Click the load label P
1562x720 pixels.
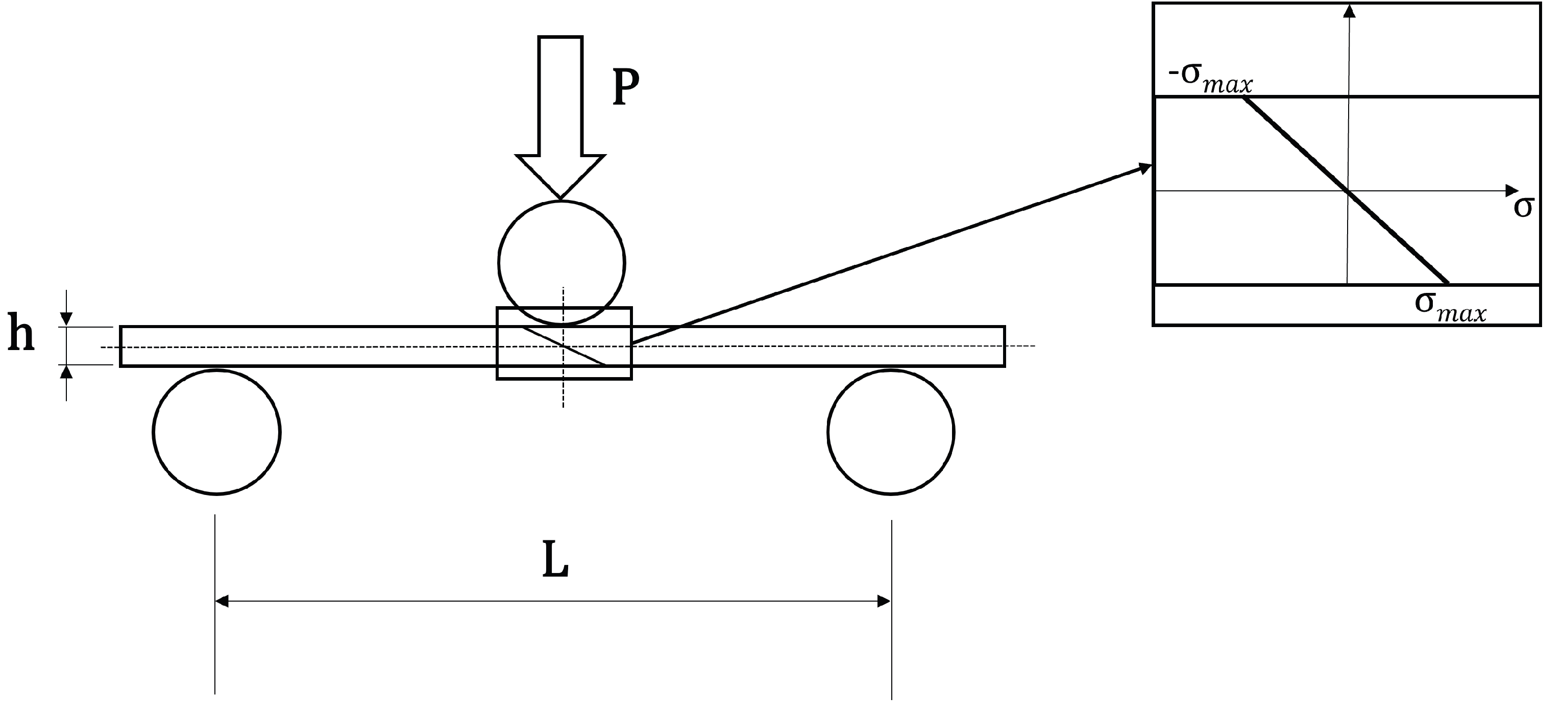pos(626,88)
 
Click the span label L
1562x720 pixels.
pos(555,561)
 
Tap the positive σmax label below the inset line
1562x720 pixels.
pos(1450,307)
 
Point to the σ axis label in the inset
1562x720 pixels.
pos(1524,207)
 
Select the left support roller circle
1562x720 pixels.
pos(216,432)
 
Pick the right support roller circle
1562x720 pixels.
pos(891,432)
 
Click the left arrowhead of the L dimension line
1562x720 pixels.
pos(222,601)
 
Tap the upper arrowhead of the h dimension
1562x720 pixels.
pos(67,319)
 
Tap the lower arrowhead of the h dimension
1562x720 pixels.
pos(67,372)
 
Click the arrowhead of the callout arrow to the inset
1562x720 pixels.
pos(1145,168)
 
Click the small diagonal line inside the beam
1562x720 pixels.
pos(564,346)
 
